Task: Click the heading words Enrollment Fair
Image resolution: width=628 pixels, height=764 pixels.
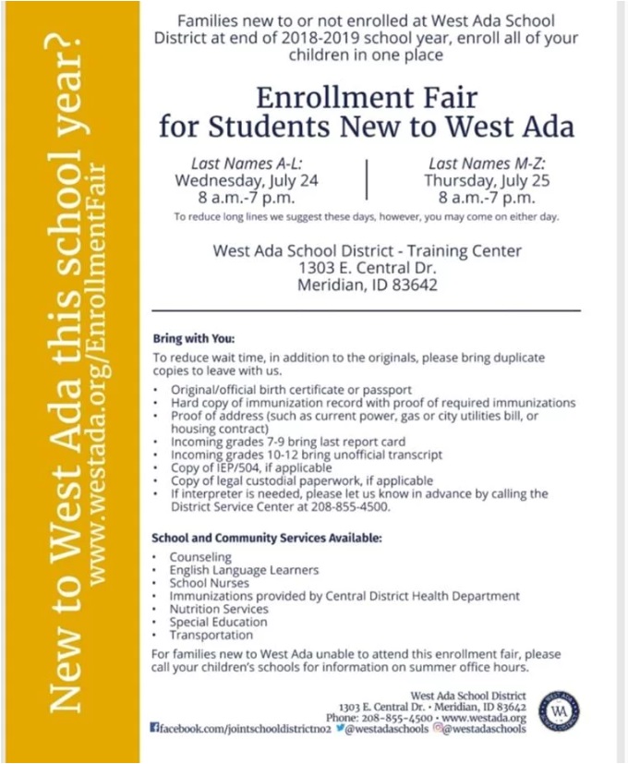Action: [x=366, y=97]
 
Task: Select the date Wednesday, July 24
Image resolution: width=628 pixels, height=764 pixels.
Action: [x=247, y=180]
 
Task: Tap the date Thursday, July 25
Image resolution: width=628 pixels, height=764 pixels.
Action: [x=487, y=180]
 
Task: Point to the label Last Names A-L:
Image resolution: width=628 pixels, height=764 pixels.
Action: [x=247, y=163]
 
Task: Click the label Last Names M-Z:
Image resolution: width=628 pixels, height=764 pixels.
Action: [x=487, y=163]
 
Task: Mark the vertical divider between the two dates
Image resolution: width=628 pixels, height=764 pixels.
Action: [x=367, y=179]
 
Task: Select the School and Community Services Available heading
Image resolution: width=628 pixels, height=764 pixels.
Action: [x=266, y=538]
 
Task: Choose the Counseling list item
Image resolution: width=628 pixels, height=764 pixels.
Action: [x=200, y=558]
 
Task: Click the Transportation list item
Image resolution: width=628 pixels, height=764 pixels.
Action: [x=211, y=635]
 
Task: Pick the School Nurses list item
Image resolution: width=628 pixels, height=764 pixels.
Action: [x=209, y=584]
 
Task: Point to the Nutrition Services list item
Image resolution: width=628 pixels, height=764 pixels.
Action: [x=219, y=609]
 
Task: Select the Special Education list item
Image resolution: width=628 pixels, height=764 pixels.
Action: [x=218, y=622]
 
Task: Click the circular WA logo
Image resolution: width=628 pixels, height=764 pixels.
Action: [x=560, y=711]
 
